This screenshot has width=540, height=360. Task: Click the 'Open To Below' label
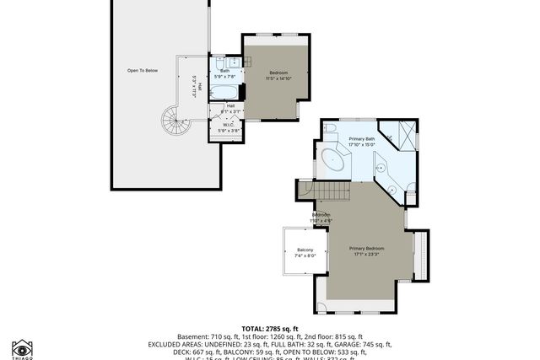[x=143, y=70]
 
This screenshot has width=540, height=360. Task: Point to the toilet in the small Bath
[x=219, y=64]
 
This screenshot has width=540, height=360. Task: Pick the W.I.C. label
[x=229, y=125]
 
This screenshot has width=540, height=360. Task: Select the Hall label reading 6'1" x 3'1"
[x=229, y=108]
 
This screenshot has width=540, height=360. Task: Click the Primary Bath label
[x=363, y=141]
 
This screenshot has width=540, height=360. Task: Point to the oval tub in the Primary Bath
[x=332, y=159]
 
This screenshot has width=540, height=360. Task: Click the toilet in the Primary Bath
[x=330, y=129]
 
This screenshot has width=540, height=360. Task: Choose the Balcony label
[x=305, y=252]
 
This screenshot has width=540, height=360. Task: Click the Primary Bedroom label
[x=367, y=250]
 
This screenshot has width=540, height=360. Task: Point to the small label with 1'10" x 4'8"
[x=321, y=218]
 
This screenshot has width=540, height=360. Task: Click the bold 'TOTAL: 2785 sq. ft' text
[x=270, y=328]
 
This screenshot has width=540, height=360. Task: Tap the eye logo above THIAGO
[x=23, y=347]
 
